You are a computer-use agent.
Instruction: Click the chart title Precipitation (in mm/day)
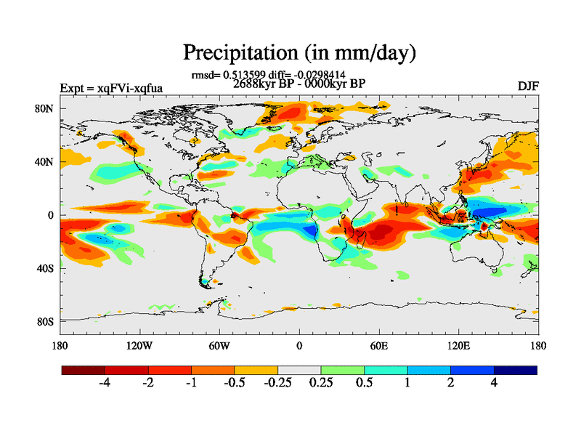(x=298, y=52)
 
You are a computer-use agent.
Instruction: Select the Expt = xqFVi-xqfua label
(x=110, y=89)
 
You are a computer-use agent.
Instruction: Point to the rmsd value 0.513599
(x=248, y=75)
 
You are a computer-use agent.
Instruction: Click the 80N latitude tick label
(x=45, y=109)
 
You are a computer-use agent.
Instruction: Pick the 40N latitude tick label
(x=45, y=162)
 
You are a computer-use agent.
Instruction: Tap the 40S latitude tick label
(x=45, y=268)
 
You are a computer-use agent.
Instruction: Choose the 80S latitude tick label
(x=45, y=321)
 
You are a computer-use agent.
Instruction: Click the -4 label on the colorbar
(x=105, y=383)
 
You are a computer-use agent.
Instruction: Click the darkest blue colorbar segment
(x=516, y=370)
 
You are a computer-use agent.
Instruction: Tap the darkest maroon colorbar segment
(x=83, y=370)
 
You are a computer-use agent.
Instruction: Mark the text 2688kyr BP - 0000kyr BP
(x=298, y=84)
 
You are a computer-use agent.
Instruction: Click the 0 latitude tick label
(x=51, y=215)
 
